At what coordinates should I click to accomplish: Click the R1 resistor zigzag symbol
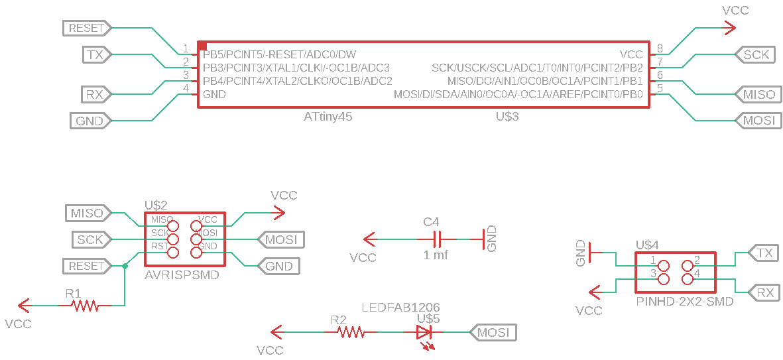click(86, 306)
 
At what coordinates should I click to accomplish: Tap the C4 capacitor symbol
click(437, 239)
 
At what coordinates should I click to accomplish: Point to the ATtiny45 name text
click(328, 117)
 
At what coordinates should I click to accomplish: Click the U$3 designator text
click(507, 117)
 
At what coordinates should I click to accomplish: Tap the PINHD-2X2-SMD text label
click(684, 302)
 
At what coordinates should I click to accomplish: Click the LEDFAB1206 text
click(400, 308)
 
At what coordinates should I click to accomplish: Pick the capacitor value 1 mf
click(436, 255)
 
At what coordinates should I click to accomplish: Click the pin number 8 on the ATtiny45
click(660, 48)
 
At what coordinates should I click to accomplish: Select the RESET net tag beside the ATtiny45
click(87, 28)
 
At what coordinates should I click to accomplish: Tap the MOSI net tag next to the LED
click(493, 332)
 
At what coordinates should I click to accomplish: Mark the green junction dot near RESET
click(125, 266)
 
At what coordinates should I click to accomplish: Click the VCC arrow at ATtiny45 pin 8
click(728, 27)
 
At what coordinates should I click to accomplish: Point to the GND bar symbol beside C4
click(483, 239)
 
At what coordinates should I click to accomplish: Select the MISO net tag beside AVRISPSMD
click(87, 213)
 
